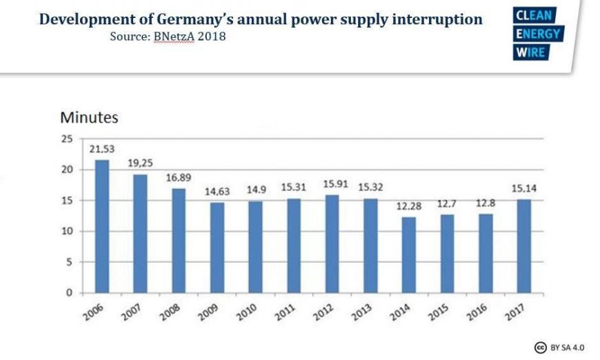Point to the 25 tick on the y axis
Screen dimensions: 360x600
67,139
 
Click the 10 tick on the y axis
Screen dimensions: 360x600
67,231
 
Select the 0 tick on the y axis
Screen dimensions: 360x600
70,292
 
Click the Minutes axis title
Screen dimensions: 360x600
89,118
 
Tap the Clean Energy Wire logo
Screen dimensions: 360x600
538,34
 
